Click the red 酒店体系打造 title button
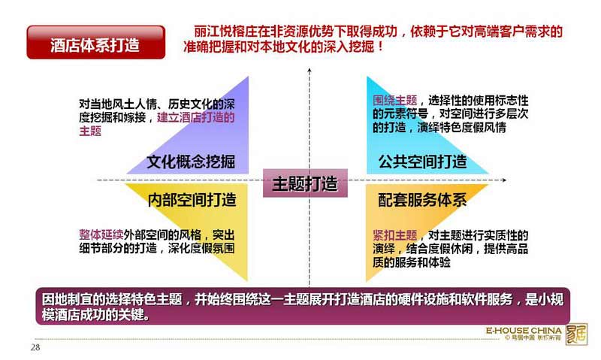pos(96,42)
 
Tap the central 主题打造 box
pos(305,183)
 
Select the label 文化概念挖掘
pos(191,162)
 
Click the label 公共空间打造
pos(422,162)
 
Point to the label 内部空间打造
pos(192,200)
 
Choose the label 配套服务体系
pos(422,200)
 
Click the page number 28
pos(35,347)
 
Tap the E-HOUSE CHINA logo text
pos(524,331)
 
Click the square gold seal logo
pos(576,334)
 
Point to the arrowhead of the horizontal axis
pos(504,180)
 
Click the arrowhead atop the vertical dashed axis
pos(310,71)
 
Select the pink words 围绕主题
pos(395,101)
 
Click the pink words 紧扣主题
pos(395,235)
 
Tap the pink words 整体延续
pos(101,234)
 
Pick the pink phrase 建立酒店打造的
pos(196,117)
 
